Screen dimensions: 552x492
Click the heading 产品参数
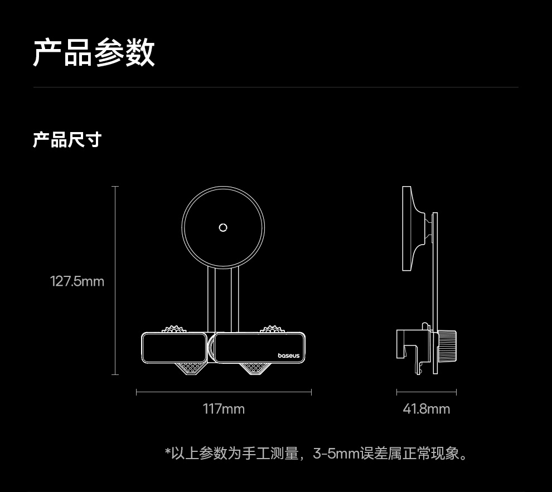pos(94,53)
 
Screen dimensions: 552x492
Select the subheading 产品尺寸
pos(67,140)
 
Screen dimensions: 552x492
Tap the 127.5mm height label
pos(78,281)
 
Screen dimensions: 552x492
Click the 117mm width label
pos(224,410)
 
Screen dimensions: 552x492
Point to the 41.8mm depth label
pos(426,410)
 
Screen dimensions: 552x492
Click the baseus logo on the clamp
pos(288,355)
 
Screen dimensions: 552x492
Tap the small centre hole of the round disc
pos(223,227)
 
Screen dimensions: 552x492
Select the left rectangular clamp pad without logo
pos(175,347)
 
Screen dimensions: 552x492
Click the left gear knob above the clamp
pos(175,329)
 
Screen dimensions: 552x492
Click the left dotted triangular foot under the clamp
pos(188,368)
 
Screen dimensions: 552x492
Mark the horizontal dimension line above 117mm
pos(224,392)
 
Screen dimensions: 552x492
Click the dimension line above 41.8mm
pos(426,392)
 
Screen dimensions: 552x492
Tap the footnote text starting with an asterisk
pos(316,454)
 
